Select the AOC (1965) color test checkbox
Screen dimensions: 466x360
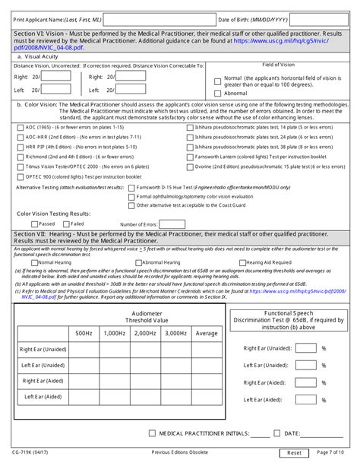point(20,127)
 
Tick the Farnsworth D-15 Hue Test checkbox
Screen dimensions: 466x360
point(132,186)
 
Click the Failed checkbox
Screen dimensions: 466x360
point(66,224)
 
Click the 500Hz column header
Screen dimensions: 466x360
point(83,333)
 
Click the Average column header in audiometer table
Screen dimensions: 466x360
point(206,333)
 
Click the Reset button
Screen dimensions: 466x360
point(294,453)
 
